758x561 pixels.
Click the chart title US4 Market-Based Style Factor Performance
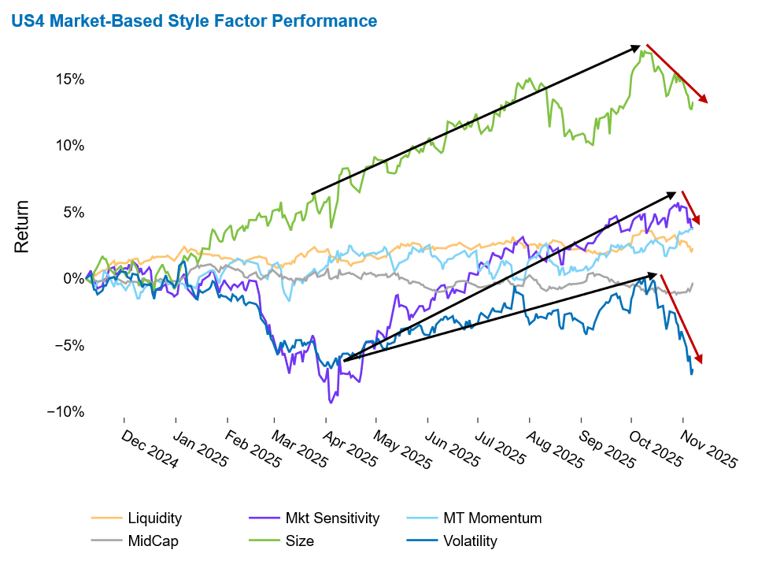tap(194, 21)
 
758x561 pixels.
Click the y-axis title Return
tap(22, 226)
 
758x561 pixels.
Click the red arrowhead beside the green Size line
tap(703, 98)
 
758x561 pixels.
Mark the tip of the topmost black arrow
tap(639, 46)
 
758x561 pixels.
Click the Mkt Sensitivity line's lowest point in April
tap(331, 403)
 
